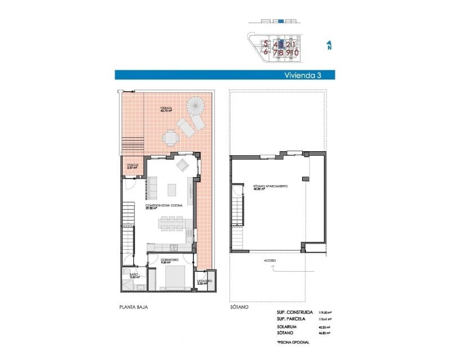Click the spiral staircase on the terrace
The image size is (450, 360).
197,105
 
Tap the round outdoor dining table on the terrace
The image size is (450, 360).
170,137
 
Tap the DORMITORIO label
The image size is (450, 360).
169,260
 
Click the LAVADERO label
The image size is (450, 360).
204,281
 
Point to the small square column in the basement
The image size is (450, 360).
305,178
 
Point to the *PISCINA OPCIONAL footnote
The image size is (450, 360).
293,342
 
